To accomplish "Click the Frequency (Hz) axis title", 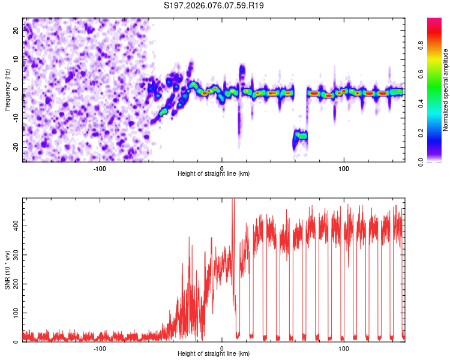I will click(7, 90).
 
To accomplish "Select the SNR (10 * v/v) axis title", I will click(7, 270).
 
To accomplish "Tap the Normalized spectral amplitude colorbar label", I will click(446, 90).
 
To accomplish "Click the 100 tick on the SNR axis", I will click(14, 313).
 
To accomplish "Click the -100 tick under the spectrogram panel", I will click(100, 169).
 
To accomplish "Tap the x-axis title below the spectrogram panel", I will click(214, 174).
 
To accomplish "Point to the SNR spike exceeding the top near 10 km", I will click(233, 204).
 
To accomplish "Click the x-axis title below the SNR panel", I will click(214, 354).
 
